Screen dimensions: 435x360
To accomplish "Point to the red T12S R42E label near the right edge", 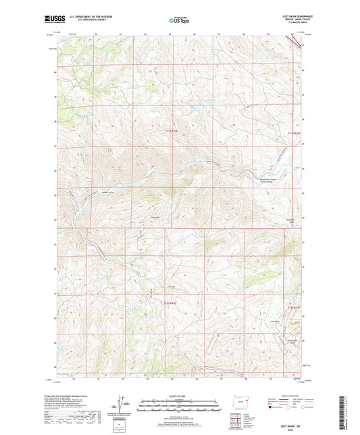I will (x=292, y=308).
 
